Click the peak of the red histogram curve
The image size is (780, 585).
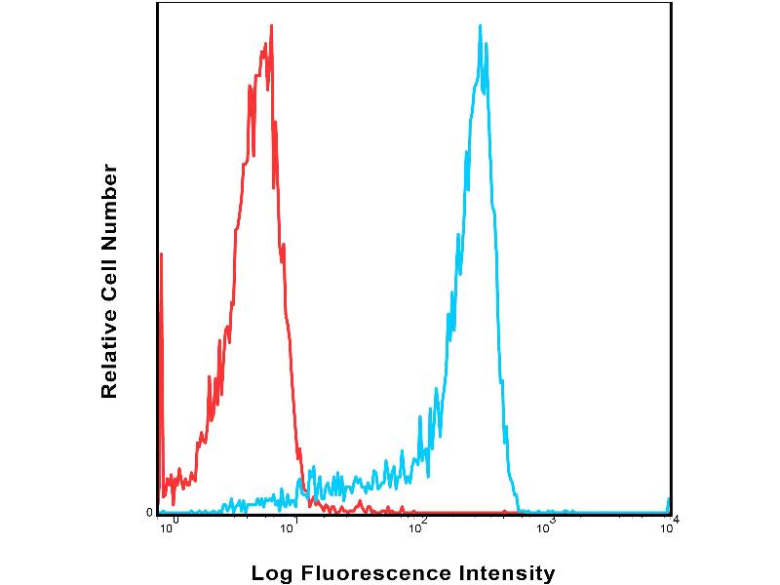coord(271,26)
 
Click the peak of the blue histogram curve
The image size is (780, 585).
coord(481,26)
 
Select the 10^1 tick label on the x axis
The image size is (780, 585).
coord(291,527)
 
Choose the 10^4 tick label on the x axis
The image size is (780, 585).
coord(669,527)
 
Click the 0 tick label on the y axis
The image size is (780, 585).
coord(149,512)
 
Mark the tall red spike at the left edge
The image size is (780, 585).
coord(161,255)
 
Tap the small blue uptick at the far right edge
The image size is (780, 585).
coord(669,501)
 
